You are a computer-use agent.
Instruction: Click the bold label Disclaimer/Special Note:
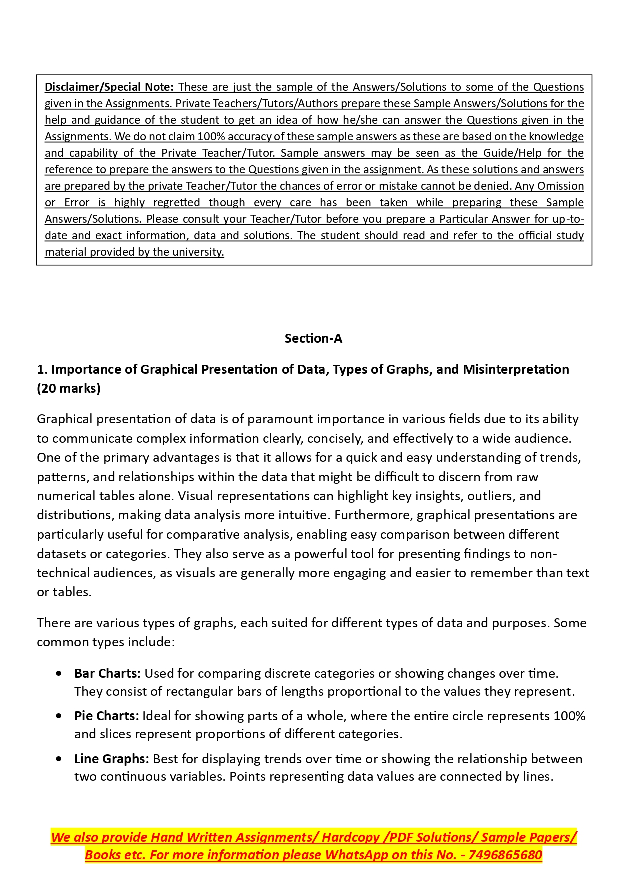tap(109, 87)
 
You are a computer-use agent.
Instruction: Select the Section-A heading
tap(313, 339)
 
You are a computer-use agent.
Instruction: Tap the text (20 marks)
tap(69, 389)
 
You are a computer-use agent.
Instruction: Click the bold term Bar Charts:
tap(107, 674)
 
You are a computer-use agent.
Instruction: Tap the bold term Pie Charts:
tap(106, 716)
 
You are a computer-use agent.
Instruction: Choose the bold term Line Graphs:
tap(111, 759)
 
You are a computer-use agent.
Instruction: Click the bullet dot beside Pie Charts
tap(59, 716)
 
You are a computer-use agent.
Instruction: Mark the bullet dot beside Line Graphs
tap(59, 759)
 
